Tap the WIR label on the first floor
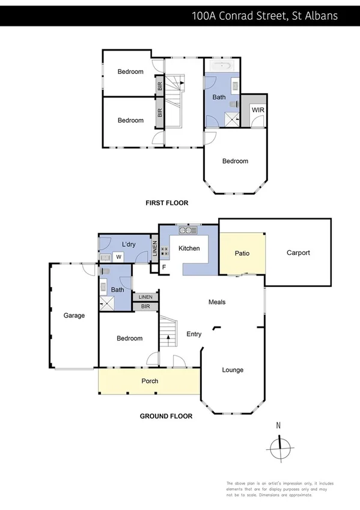pyautogui.click(x=258, y=110)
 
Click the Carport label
pyautogui.click(x=298, y=253)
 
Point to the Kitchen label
pyautogui.click(x=189, y=247)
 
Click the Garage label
pyautogui.click(x=75, y=315)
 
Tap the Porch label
pyautogui.click(x=150, y=381)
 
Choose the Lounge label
pyautogui.click(x=233, y=370)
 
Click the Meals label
pyautogui.click(x=217, y=302)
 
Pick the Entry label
pyautogui.click(x=194, y=334)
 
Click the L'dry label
pyautogui.click(x=129, y=244)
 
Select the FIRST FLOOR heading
pyautogui.click(x=167, y=203)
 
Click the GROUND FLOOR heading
pyautogui.click(x=166, y=416)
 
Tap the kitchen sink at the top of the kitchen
pyautogui.click(x=188, y=230)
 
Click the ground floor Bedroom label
pyautogui.click(x=129, y=339)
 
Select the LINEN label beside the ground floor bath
pyautogui.click(x=145, y=297)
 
